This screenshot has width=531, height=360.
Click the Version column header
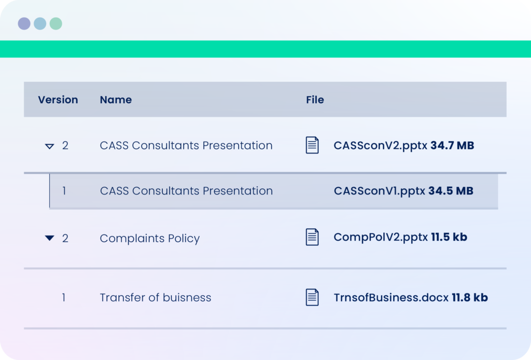pos(58,100)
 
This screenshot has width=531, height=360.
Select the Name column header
pos(116,100)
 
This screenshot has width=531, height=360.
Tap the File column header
pos(315,100)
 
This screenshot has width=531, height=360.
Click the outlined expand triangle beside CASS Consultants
pos(49,146)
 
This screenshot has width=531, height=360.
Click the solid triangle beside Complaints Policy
pos(49,238)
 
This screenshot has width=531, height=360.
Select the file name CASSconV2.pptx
pos(380,146)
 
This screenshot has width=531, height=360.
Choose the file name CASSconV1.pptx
pos(379,191)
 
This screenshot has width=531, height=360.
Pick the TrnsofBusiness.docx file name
pos(391,297)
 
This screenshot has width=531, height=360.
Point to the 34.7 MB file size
pos(452,146)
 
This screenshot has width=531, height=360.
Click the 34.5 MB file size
pos(451,191)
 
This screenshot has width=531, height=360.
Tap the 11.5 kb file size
pos(449,237)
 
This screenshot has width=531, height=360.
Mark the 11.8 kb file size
pos(470,297)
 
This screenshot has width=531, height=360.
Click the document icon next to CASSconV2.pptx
pos(312,145)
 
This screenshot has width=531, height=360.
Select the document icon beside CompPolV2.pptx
pos(312,237)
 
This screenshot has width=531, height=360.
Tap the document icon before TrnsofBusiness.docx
pos(312,297)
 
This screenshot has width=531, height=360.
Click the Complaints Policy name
pos(150,239)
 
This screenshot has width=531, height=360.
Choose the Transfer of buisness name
pos(156,297)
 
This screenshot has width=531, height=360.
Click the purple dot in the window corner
pos(24,23)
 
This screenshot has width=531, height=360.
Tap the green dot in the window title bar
pos(56,23)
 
